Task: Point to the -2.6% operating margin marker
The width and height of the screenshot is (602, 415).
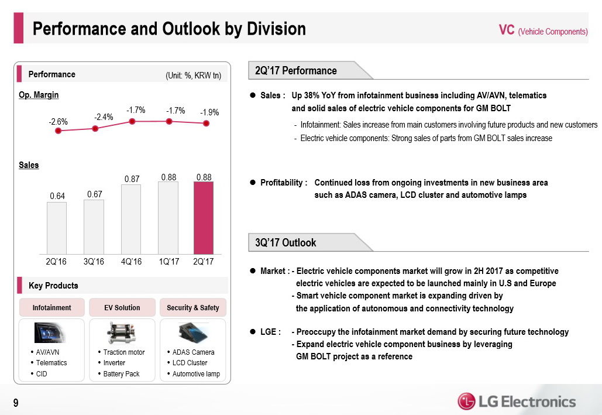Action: tap(58, 131)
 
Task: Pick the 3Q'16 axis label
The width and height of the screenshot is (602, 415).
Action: tap(94, 262)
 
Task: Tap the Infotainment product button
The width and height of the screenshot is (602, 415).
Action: tap(52, 307)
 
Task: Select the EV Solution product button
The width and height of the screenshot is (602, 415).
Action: tap(122, 307)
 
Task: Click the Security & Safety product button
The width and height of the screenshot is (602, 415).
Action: tap(192, 307)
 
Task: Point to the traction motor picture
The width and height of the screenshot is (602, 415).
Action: tap(122, 332)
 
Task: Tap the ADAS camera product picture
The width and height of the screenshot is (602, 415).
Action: tap(192, 332)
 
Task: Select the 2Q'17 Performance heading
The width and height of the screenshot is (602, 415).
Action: tap(297, 71)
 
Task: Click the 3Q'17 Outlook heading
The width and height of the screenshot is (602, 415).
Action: tap(286, 242)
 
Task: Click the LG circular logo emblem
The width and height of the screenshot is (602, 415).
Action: tap(466, 402)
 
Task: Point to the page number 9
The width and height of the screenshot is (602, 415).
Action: tap(16, 402)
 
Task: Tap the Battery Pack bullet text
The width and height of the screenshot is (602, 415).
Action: tap(121, 374)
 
